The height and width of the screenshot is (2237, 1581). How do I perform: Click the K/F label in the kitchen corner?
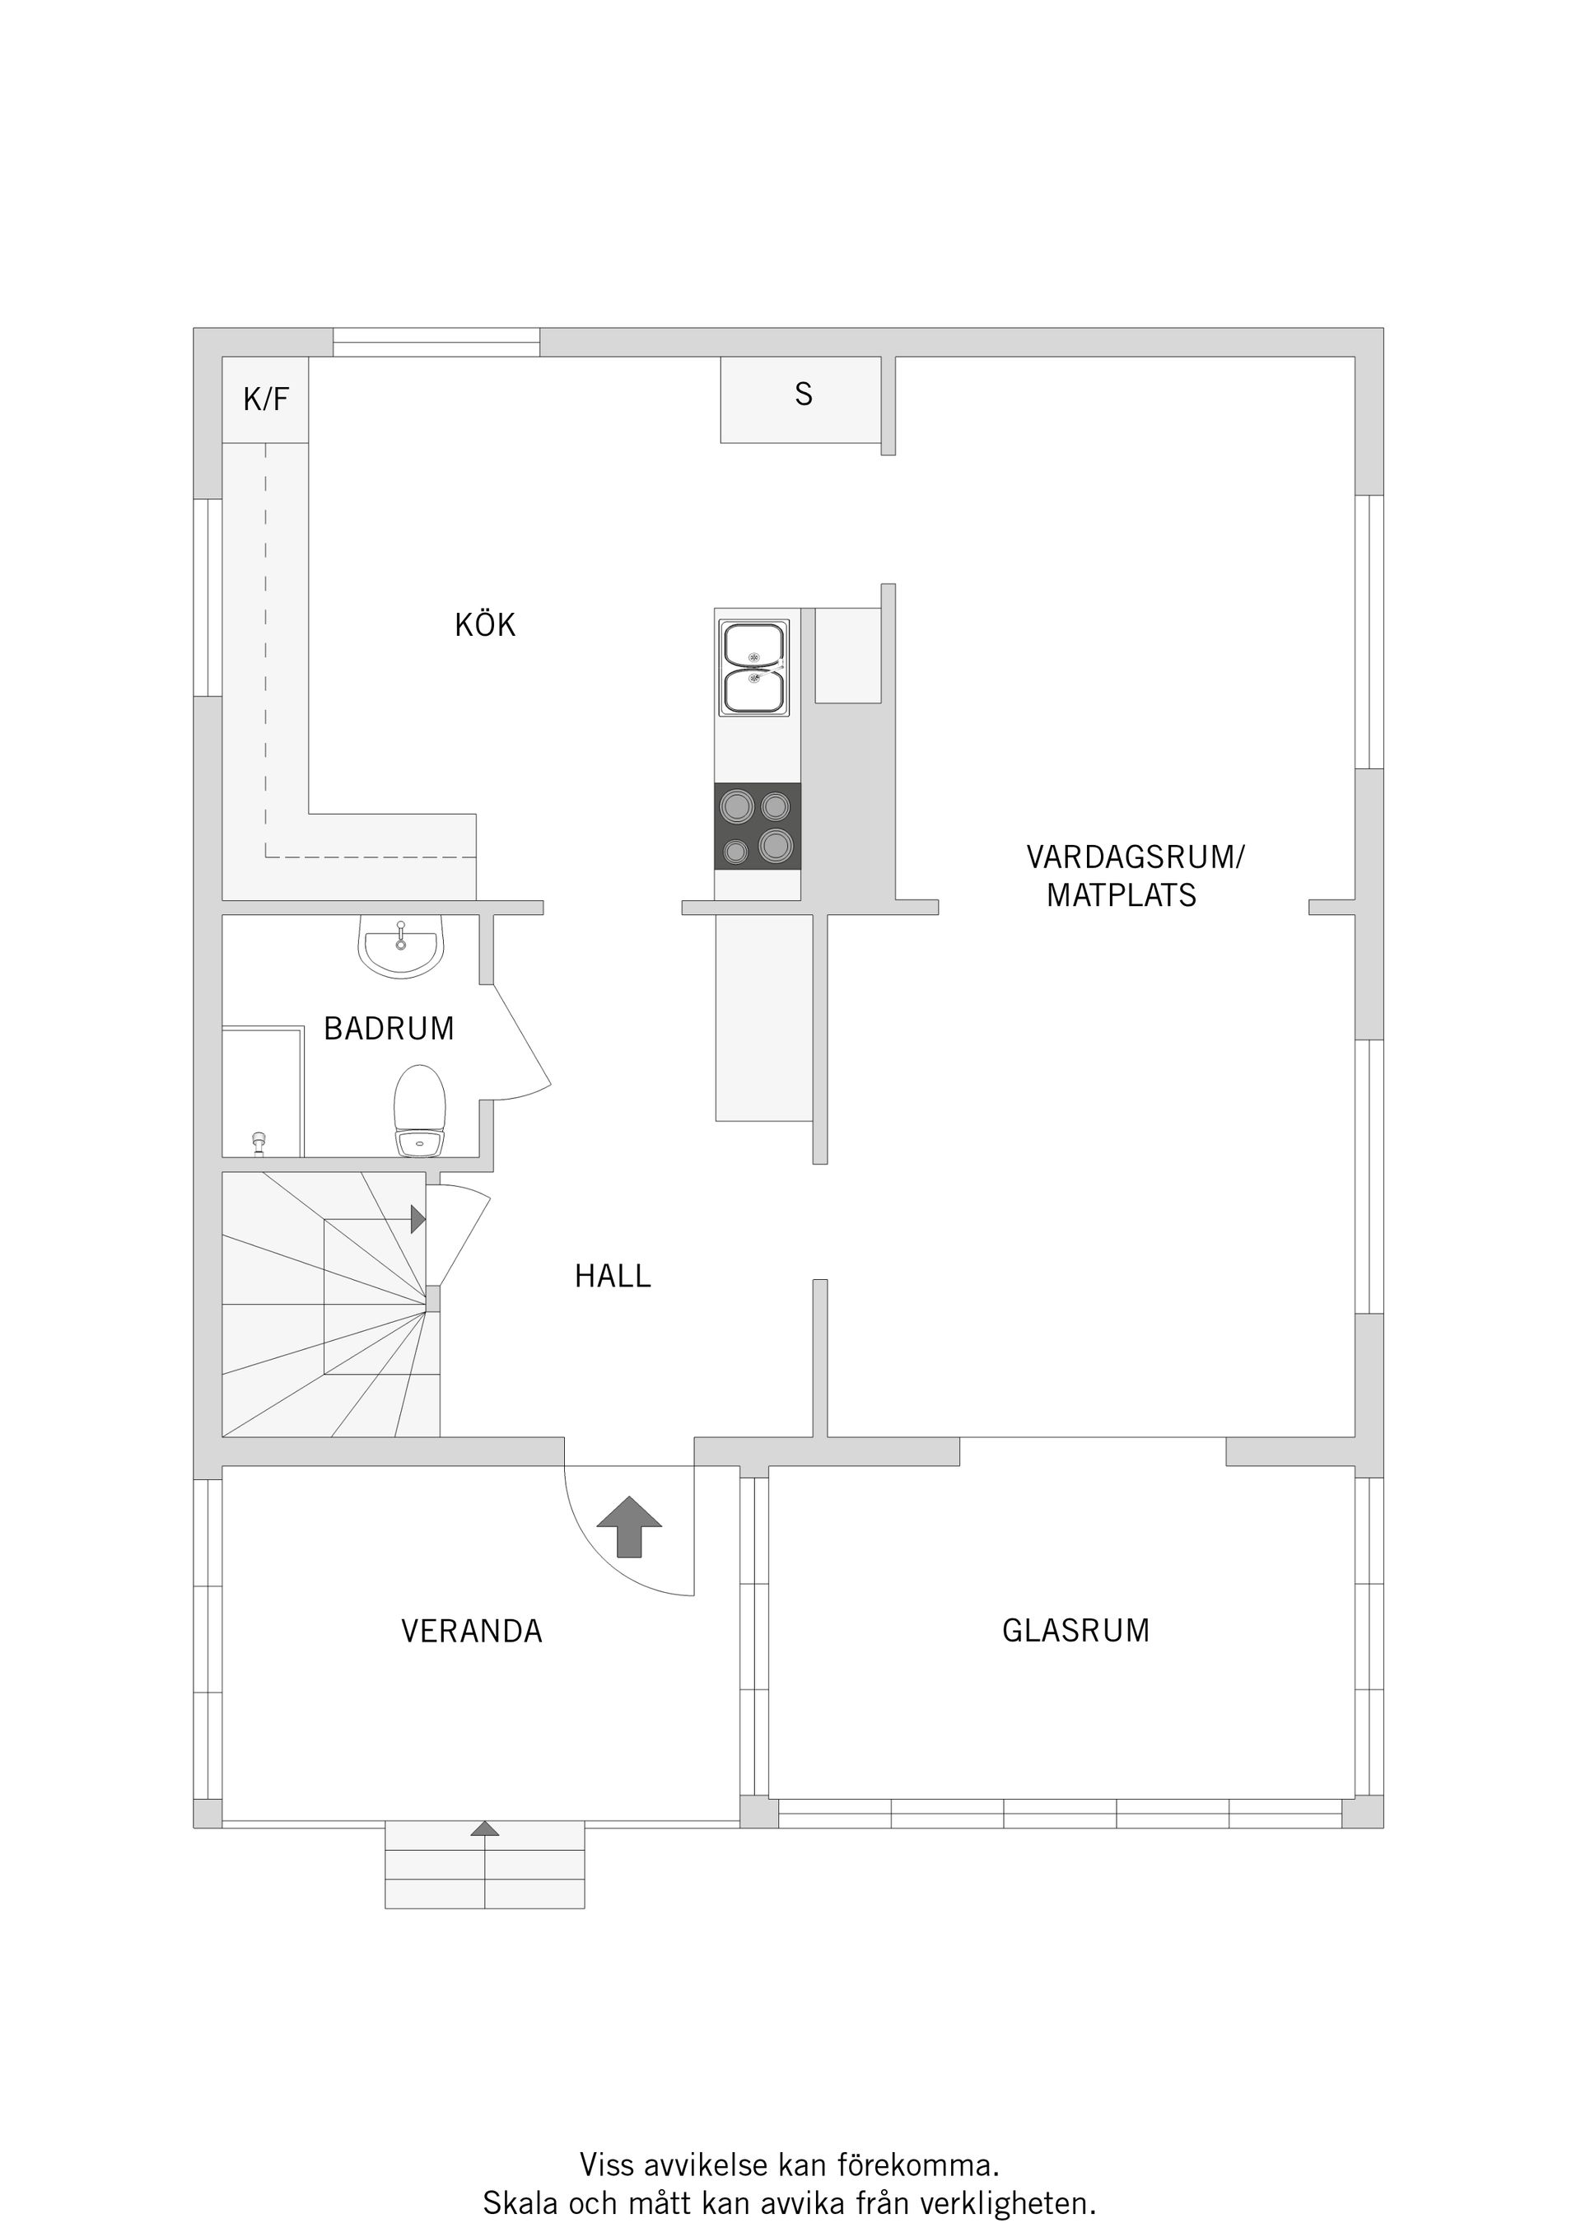coord(266,399)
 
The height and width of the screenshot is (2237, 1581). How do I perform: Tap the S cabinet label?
coord(803,395)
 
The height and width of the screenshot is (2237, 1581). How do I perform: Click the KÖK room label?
coord(485,625)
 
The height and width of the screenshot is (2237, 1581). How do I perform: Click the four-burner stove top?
coord(757,827)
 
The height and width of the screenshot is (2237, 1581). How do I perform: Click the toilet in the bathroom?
coord(420,1111)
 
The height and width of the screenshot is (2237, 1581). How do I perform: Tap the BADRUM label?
coord(389,1029)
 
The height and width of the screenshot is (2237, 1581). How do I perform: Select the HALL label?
coord(612,1277)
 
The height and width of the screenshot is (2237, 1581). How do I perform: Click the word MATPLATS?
coord(1122,895)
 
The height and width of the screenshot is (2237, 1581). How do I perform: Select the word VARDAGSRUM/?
coord(1136,857)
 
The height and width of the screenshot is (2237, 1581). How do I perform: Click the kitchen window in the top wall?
coord(436,343)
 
